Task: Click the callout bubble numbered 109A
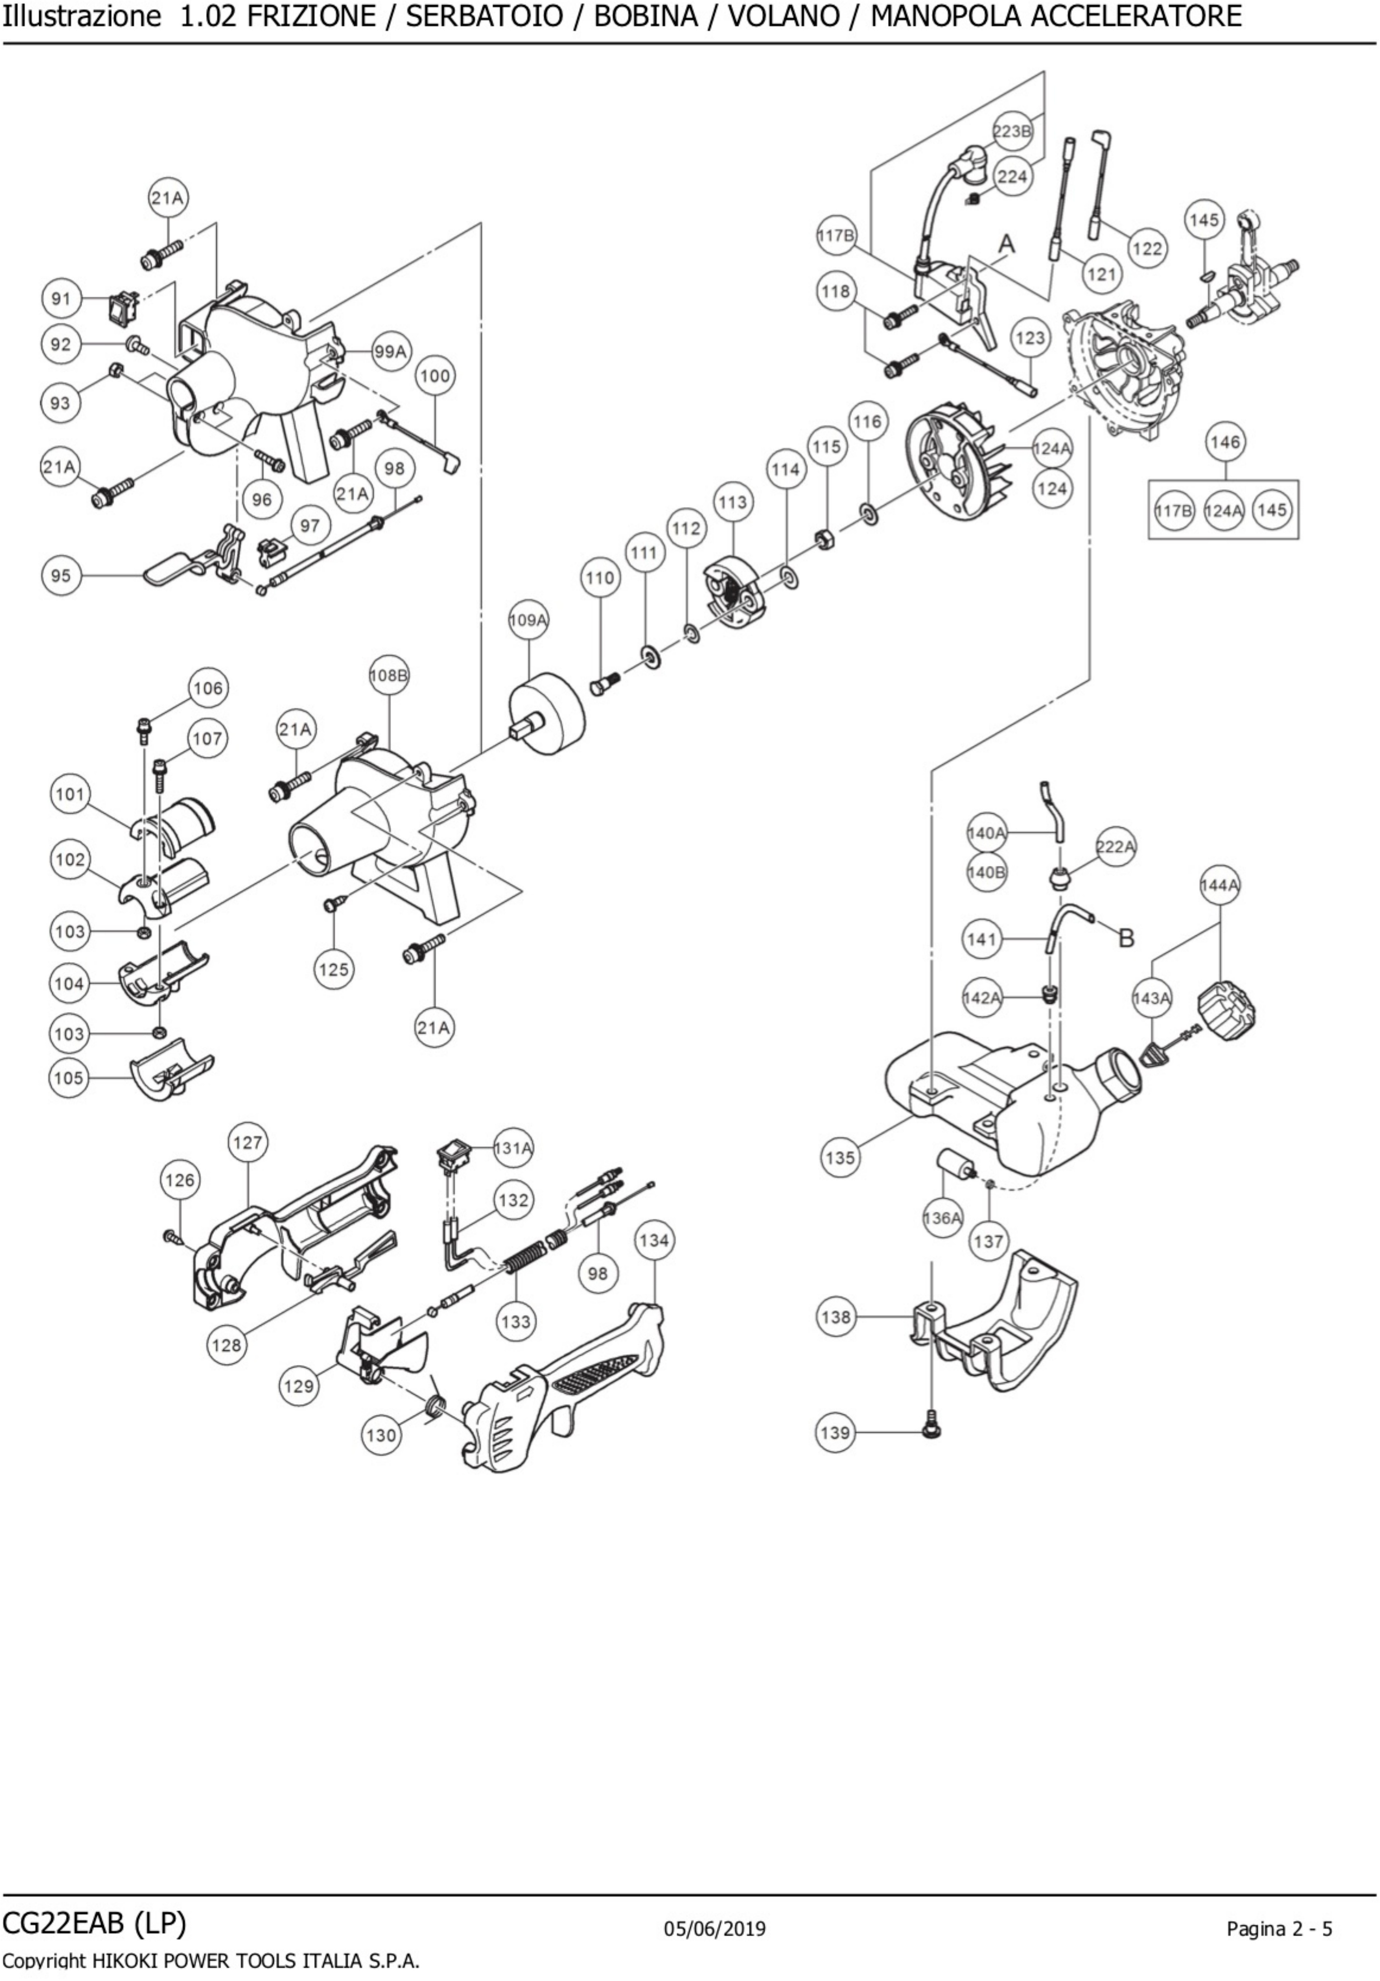[528, 620]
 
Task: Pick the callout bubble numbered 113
[732, 502]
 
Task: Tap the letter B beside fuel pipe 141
[1126, 938]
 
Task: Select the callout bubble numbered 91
[60, 299]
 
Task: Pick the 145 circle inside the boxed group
[1271, 510]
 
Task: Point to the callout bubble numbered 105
[68, 1078]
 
